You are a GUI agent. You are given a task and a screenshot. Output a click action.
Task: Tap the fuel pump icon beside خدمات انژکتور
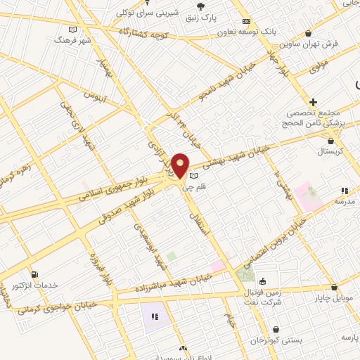[x=34, y=274]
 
